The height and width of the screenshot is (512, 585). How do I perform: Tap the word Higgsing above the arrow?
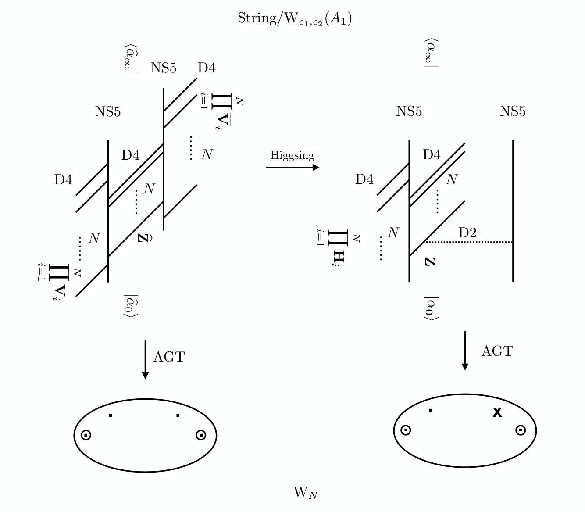click(x=292, y=156)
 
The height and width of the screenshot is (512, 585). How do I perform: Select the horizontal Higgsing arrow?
click(x=292, y=167)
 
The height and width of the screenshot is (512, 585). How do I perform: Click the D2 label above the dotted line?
click(x=467, y=233)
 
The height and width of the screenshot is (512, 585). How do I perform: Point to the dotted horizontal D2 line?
click(x=468, y=242)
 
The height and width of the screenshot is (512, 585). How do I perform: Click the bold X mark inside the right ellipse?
click(x=497, y=412)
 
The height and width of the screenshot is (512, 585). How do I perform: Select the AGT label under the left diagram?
click(x=169, y=357)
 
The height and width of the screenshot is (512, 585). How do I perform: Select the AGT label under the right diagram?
click(x=497, y=351)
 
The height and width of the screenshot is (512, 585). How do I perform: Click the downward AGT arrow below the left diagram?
click(x=145, y=360)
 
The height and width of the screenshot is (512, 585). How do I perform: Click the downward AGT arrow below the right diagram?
click(x=465, y=351)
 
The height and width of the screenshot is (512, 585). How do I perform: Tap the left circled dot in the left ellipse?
click(x=86, y=435)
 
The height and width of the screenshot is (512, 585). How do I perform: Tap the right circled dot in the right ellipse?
click(x=521, y=430)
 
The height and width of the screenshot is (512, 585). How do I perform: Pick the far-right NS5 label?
click(x=512, y=111)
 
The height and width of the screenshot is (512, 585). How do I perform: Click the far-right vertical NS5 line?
click(x=513, y=211)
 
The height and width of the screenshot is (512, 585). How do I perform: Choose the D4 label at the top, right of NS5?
click(x=207, y=68)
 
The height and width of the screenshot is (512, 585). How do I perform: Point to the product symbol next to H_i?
click(x=338, y=238)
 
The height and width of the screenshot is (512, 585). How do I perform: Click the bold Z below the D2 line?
click(x=430, y=262)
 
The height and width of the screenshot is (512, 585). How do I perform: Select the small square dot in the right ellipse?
click(x=431, y=411)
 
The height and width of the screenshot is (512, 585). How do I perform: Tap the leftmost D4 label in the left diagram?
click(x=63, y=179)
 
